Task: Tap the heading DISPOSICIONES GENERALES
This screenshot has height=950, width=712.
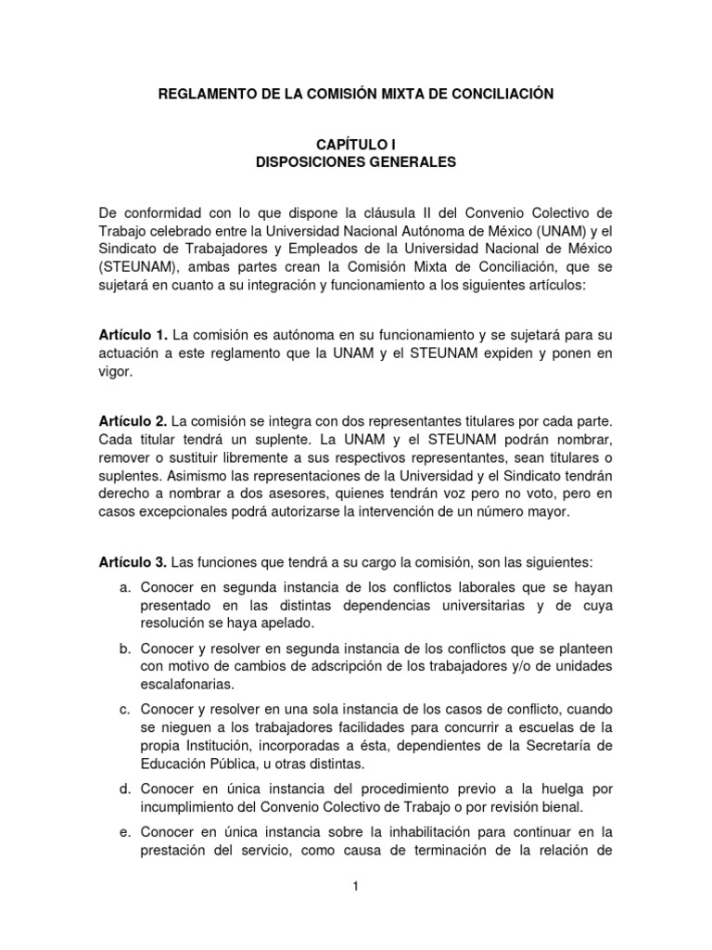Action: click(356, 162)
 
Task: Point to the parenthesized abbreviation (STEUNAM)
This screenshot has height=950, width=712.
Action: click(135, 269)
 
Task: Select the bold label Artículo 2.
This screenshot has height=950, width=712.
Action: click(133, 421)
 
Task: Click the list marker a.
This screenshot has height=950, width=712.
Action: click(123, 588)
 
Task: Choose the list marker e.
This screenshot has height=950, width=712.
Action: click(123, 831)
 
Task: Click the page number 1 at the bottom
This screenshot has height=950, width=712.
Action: click(355, 888)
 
